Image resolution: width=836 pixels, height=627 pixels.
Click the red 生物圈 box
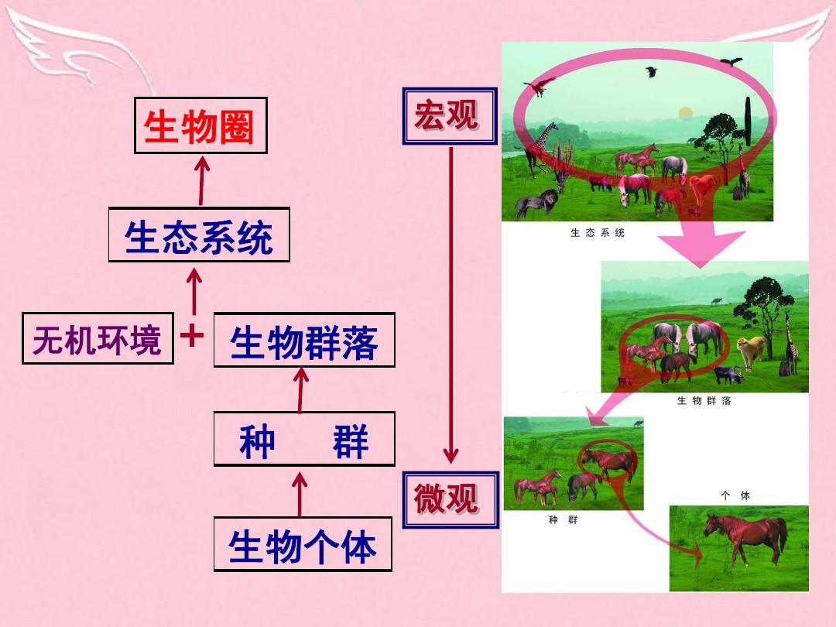[x=200, y=125]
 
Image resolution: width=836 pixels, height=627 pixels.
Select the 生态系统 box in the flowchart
[x=199, y=235]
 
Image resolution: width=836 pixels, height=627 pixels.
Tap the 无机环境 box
[x=98, y=338]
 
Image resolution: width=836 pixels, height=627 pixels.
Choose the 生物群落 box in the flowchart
[x=303, y=340]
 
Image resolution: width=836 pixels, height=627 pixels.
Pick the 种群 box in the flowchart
[x=303, y=439]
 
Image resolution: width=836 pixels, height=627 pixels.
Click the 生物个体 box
[x=303, y=545]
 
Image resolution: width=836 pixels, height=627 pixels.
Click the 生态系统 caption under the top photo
[x=597, y=233]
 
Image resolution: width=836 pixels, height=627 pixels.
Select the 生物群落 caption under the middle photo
[x=704, y=401]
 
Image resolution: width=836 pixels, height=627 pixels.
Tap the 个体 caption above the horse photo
[x=735, y=495]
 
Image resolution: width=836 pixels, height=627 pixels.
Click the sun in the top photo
[x=684, y=114]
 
